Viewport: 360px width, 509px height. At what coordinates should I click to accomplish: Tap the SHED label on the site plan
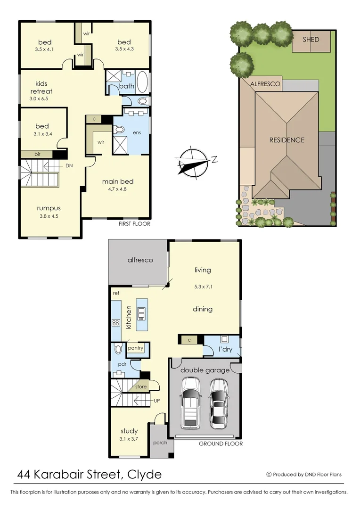[x=311, y=40]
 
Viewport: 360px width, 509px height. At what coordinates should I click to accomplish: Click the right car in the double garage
[x=219, y=403]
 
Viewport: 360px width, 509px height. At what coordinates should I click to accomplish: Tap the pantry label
[x=135, y=348]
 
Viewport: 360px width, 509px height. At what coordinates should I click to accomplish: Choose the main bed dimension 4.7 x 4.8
[x=117, y=189]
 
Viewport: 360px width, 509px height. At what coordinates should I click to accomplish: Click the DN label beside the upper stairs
[x=69, y=166]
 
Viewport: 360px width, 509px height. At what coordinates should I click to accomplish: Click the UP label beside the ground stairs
[x=157, y=401]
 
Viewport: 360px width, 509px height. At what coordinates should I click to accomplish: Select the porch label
[x=160, y=443]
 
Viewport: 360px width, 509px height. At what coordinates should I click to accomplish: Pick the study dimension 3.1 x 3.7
[x=129, y=439]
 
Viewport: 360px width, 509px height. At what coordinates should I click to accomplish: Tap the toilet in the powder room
[x=118, y=348]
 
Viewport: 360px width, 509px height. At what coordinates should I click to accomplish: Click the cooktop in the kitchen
[x=115, y=323]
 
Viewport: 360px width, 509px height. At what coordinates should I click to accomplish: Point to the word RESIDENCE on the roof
[x=286, y=140]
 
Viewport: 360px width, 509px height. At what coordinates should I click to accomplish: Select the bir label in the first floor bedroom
[x=37, y=154]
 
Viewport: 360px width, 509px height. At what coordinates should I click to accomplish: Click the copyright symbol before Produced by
[x=269, y=475]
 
